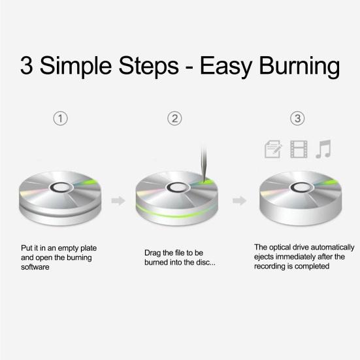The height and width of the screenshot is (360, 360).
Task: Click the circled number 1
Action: [x=60, y=119]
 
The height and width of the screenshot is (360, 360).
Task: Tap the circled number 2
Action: [x=174, y=119]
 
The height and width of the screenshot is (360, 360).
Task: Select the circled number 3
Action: [x=297, y=119]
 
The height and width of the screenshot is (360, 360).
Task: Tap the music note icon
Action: [x=323, y=150]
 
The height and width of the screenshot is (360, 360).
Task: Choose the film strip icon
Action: [x=299, y=150]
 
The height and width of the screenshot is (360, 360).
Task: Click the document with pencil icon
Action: [x=272, y=150]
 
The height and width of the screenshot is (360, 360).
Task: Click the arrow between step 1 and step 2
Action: [x=118, y=201]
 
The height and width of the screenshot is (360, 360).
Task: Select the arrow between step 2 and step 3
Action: [x=240, y=201]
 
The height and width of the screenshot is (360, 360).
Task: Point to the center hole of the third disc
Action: [x=299, y=188]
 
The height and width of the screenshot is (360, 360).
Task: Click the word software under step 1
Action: [x=37, y=267]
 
